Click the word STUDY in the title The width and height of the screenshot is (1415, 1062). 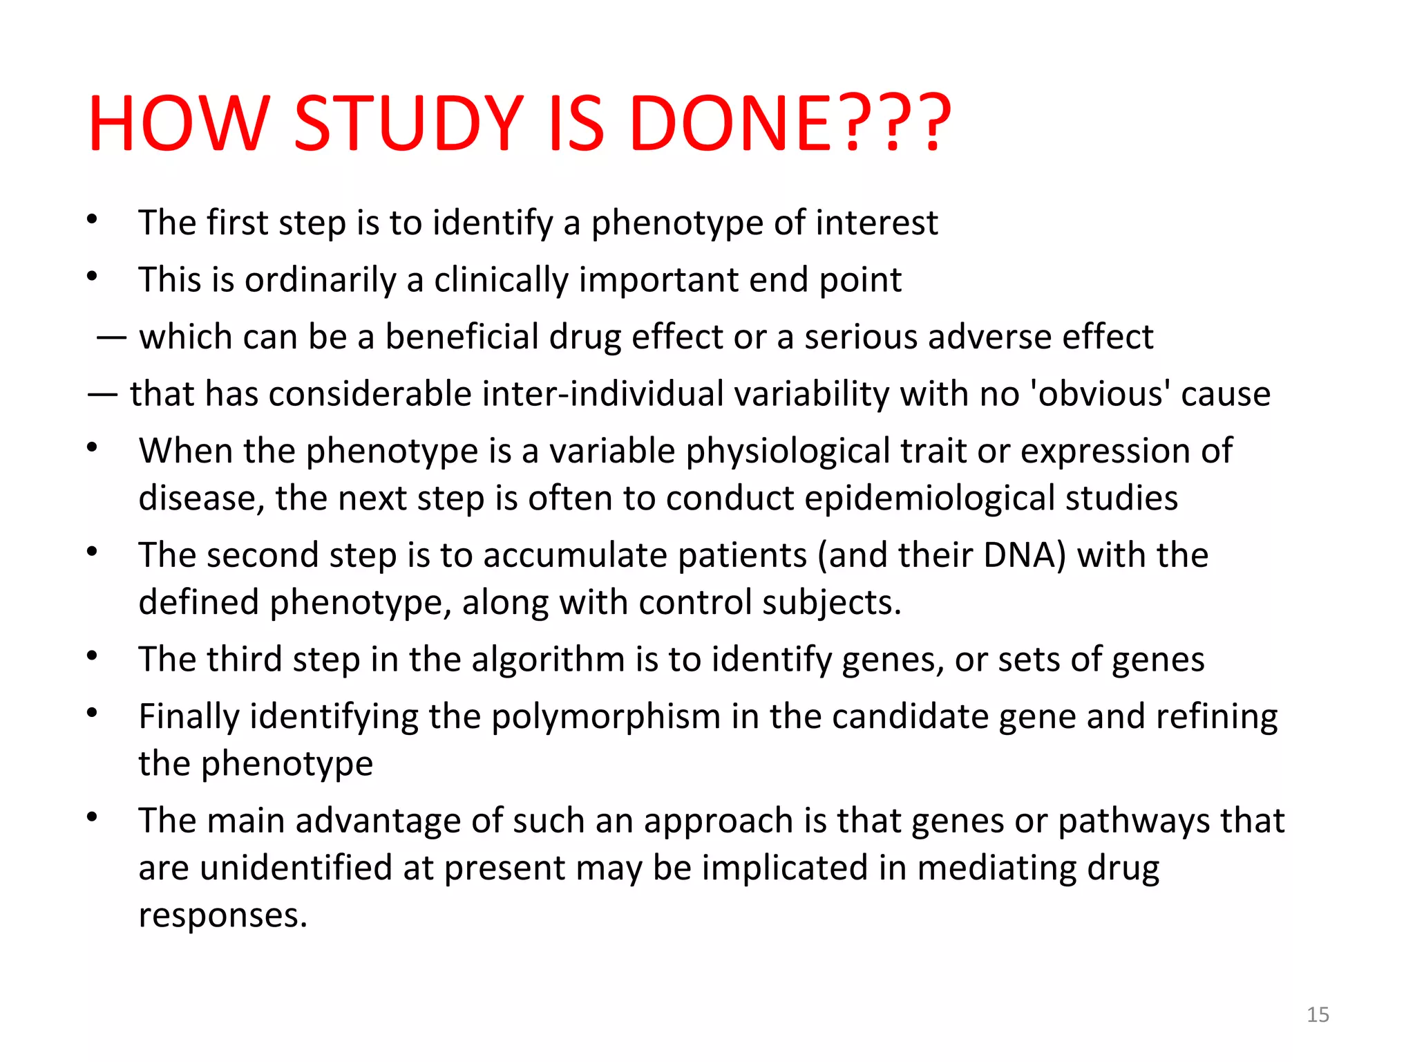[x=408, y=124]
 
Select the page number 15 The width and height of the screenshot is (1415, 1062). [x=1318, y=1014]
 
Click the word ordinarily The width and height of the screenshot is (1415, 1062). [x=320, y=280]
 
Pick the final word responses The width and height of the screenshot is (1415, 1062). [x=222, y=915]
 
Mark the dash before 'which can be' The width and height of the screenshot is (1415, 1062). [x=111, y=338]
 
